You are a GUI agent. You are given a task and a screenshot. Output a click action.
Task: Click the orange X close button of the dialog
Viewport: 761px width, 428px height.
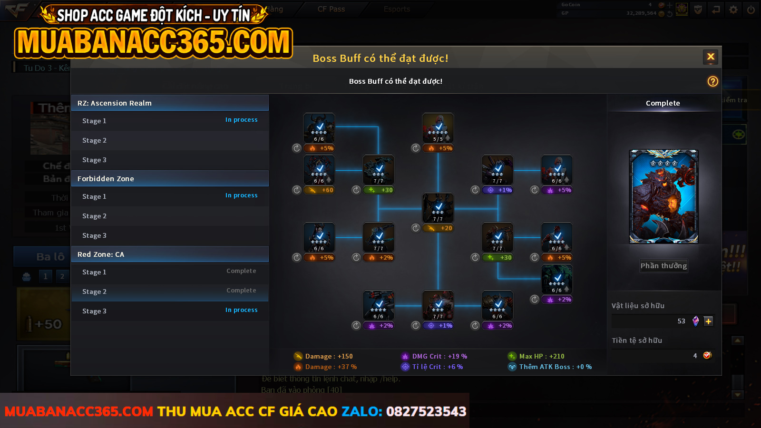(x=711, y=57)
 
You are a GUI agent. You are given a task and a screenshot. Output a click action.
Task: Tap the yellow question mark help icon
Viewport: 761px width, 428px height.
(x=712, y=81)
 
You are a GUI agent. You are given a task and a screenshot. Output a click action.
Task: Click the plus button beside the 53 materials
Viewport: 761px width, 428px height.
(x=708, y=321)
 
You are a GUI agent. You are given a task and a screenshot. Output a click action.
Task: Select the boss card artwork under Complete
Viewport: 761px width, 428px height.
(x=663, y=196)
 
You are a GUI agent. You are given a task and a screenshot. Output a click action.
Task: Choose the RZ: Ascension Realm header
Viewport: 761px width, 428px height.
(x=170, y=103)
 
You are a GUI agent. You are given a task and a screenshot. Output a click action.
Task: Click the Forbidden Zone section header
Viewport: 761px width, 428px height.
(x=170, y=179)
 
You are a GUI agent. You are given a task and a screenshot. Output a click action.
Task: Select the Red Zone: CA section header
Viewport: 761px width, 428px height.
(x=170, y=254)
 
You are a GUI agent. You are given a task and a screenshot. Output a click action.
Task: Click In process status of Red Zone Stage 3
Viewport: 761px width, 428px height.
(x=241, y=310)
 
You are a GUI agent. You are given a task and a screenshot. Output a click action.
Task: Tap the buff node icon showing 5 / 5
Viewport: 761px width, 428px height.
(x=438, y=128)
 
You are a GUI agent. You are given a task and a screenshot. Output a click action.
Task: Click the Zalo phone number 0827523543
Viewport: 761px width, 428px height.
(x=426, y=411)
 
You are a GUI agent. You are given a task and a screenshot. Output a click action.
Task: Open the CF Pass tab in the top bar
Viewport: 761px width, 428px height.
(x=331, y=9)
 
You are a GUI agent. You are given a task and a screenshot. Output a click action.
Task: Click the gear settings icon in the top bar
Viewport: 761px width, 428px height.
(x=733, y=10)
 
